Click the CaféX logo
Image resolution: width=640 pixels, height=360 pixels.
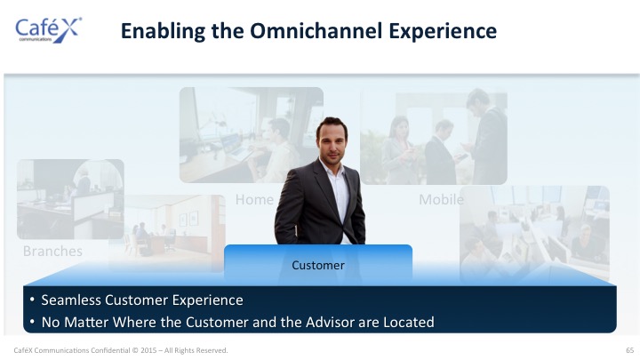48,30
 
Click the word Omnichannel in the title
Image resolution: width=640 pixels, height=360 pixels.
316,30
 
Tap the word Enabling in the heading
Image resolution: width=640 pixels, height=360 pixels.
163,31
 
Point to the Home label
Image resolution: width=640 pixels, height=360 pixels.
254,200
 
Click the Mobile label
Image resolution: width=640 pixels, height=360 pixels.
441,200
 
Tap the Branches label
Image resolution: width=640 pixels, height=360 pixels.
52,251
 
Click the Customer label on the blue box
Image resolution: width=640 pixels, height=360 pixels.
318,265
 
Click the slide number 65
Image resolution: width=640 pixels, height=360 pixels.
630,350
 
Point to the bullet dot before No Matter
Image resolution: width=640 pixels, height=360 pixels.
32,322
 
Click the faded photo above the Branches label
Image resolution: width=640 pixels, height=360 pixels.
70,199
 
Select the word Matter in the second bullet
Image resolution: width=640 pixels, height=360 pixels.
86,322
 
